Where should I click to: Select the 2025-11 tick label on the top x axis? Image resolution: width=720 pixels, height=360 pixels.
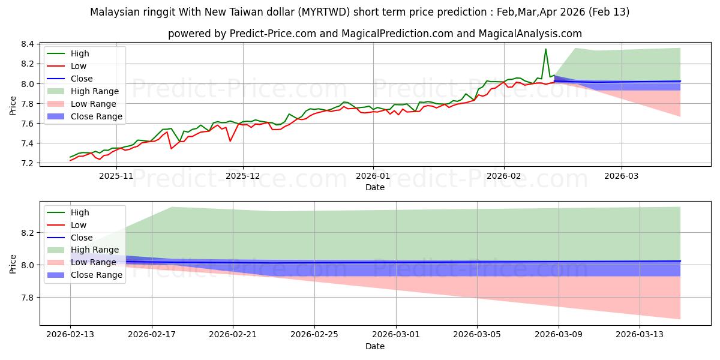116,176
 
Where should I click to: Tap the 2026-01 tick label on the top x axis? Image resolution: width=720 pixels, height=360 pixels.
373,176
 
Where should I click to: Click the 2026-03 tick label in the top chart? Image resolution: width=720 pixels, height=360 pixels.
622,176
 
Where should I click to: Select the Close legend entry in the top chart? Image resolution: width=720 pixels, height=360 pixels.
82,79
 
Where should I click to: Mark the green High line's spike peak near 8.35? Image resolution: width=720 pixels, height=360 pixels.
545,49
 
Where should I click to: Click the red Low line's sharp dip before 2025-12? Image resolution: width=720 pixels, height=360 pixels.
230,141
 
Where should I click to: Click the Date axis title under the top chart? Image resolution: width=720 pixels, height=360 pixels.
375,187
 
